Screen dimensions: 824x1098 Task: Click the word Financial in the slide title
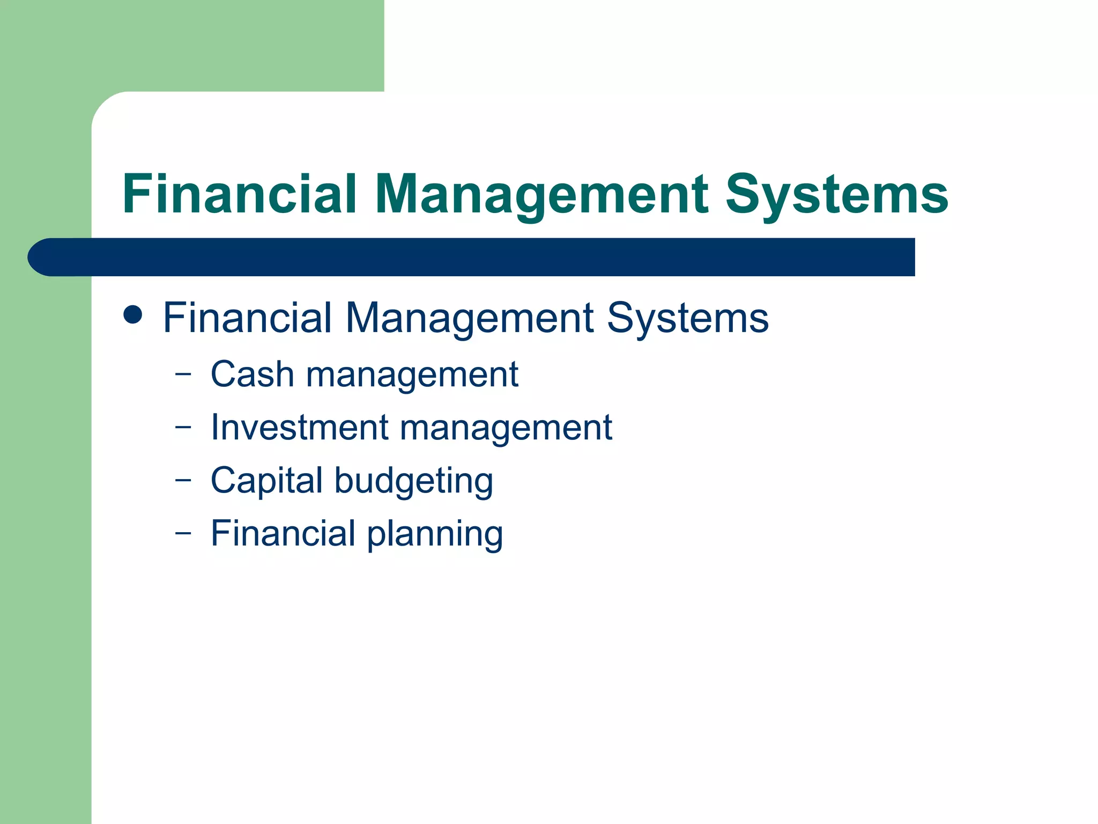point(240,194)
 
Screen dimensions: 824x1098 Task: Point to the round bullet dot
point(133,315)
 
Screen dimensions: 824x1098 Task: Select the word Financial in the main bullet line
point(247,318)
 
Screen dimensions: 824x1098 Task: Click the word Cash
point(253,374)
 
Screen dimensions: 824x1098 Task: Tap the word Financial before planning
point(283,533)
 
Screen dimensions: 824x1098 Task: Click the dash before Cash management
point(183,374)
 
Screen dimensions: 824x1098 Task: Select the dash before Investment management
point(183,428)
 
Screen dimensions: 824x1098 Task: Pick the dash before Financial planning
point(183,533)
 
